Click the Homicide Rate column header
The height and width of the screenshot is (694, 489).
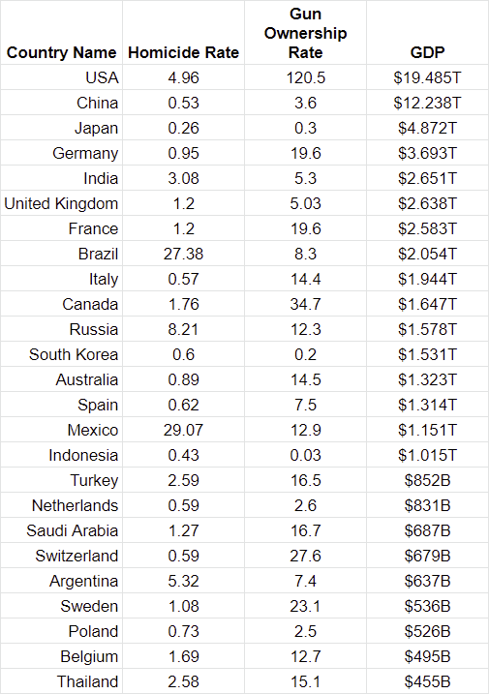[x=183, y=52]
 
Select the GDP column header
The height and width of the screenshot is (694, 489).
[x=427, y=52]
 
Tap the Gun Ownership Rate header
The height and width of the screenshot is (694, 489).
[x=306, y=33]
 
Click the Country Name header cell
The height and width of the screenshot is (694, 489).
[x=62, y=52]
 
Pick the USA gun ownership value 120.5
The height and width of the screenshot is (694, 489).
[x=306, y=77]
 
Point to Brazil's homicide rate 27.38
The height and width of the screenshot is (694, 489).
[x=183, y=254]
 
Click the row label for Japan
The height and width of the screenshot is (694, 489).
[x=96, y=129]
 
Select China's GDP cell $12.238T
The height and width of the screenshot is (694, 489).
[x=427, y=104]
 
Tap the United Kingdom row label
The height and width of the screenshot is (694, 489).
[x=61, y=204]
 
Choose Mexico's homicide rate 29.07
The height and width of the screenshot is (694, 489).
[x=183, y=430]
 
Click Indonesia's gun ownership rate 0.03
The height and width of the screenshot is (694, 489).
[x=306, y=456]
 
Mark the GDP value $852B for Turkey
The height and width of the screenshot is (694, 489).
[x=427, y=481]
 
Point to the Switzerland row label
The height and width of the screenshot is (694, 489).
[x=76, y=556]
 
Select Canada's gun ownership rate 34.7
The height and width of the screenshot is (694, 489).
[x=306, y=305]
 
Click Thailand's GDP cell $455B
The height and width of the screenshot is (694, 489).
[x=427, y=682]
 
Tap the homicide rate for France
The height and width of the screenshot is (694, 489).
[x=183, y=228]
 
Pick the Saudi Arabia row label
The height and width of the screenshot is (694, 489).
[x=73, y=530]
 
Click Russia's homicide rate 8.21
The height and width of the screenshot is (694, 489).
[x=183, y=330]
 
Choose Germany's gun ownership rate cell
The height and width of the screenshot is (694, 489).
[x=306, y=154]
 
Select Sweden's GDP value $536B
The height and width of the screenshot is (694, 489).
[x=427, y=606]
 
